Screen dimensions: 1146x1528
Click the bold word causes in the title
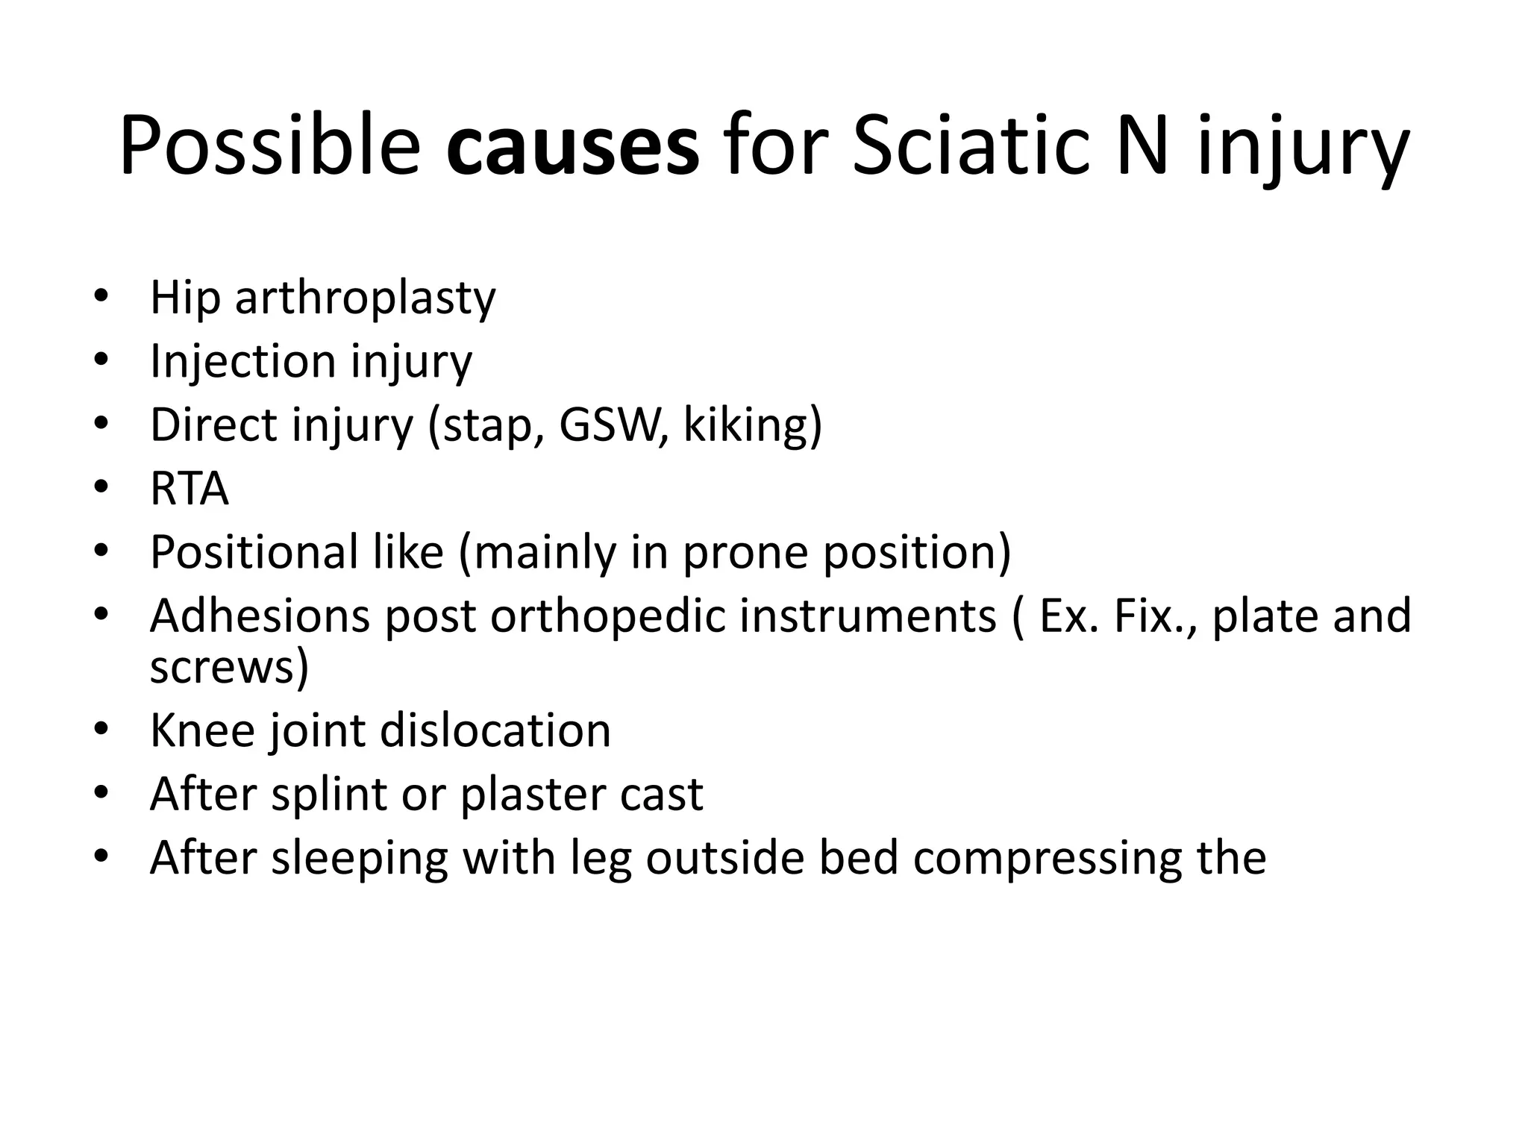click(x=572, y=146)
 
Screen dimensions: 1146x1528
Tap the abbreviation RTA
click(x=189, y=489)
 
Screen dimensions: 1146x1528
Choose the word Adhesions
click(x=260, y=616)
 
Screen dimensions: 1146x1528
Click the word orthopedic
click(x=608, y=616)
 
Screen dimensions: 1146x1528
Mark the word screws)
click(x=229, y=666)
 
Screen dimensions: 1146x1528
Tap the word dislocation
click(x=495, y=730)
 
